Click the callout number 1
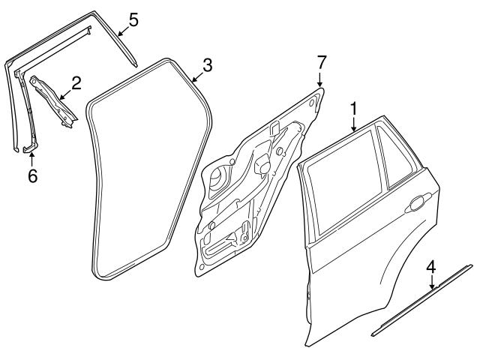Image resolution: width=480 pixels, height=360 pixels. (x=353, y=109)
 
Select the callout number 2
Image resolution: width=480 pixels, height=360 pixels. (x=76, y=83)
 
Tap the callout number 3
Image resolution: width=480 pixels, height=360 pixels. (x=207, y=65)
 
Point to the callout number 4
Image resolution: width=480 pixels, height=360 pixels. (x=431, y=267)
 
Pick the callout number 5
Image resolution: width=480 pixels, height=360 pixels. (x=133, y=19)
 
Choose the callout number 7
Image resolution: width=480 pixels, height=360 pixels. (x=320, y=63)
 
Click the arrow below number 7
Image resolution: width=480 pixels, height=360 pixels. (x=320, y=79)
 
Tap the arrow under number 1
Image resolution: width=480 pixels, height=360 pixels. (x=354, y=123)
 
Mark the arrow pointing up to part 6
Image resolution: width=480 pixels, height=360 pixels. (x=31, y=159)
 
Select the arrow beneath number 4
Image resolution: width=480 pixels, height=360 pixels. (x=432, y=281)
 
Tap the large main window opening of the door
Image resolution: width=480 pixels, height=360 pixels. (x=344, y=180)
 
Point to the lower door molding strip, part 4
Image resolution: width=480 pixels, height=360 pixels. (x=422, y=300)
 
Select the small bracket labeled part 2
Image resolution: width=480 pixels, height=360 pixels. (x=52, y=101)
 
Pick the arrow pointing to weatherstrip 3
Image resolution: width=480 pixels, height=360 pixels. (x=197, y=77)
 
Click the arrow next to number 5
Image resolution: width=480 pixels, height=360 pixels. (x=123, y=31)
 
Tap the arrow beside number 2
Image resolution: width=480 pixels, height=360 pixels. (x=65, y=94)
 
